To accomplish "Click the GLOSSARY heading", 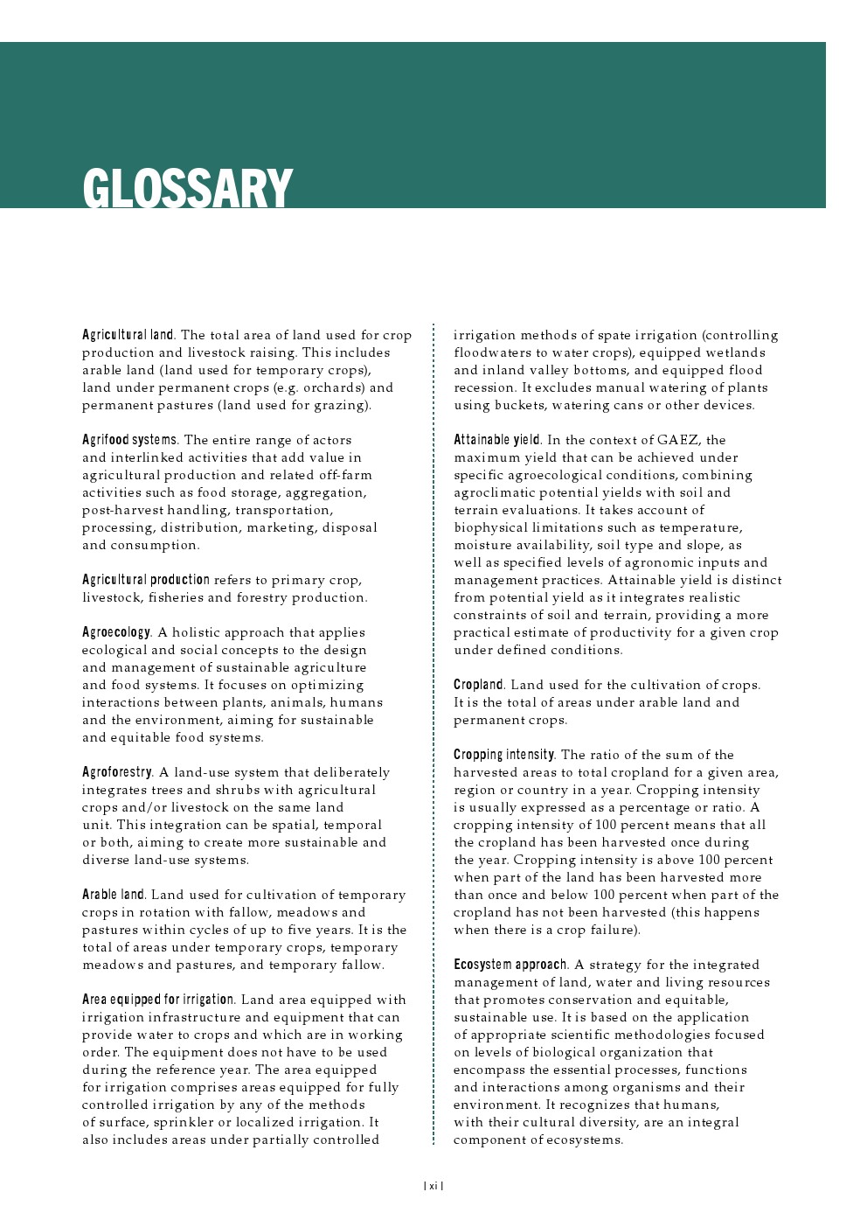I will pos(187,188).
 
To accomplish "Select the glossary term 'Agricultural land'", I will pos(128,335).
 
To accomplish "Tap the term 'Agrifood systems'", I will pos(129,440).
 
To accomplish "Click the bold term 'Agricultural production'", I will pos(145,580).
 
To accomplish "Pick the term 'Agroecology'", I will pos(116,632).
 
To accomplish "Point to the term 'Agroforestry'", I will pos(117,772).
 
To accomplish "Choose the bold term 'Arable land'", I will pos(114,895).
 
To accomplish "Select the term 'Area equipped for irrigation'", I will pos(158,1000).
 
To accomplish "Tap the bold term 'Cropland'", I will pos(479,685).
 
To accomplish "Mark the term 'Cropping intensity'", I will pos(504,755).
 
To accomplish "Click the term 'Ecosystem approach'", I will pos(510,965).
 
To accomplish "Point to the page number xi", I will pos(433,1186).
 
